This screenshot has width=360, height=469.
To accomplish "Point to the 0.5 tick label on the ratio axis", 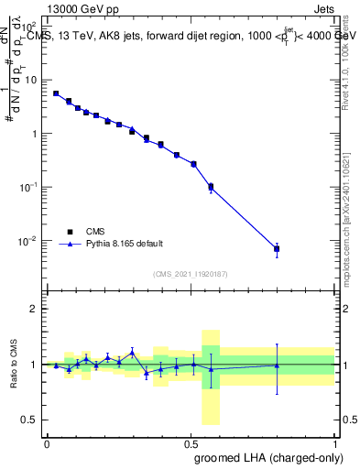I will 31,420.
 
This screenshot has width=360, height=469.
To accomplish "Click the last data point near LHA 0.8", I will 277,249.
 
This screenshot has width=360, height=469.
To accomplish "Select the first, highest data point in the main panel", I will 56,93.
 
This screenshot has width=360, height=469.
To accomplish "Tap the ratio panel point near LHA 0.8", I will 277,365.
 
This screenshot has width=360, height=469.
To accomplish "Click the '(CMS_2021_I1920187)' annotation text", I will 191,274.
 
